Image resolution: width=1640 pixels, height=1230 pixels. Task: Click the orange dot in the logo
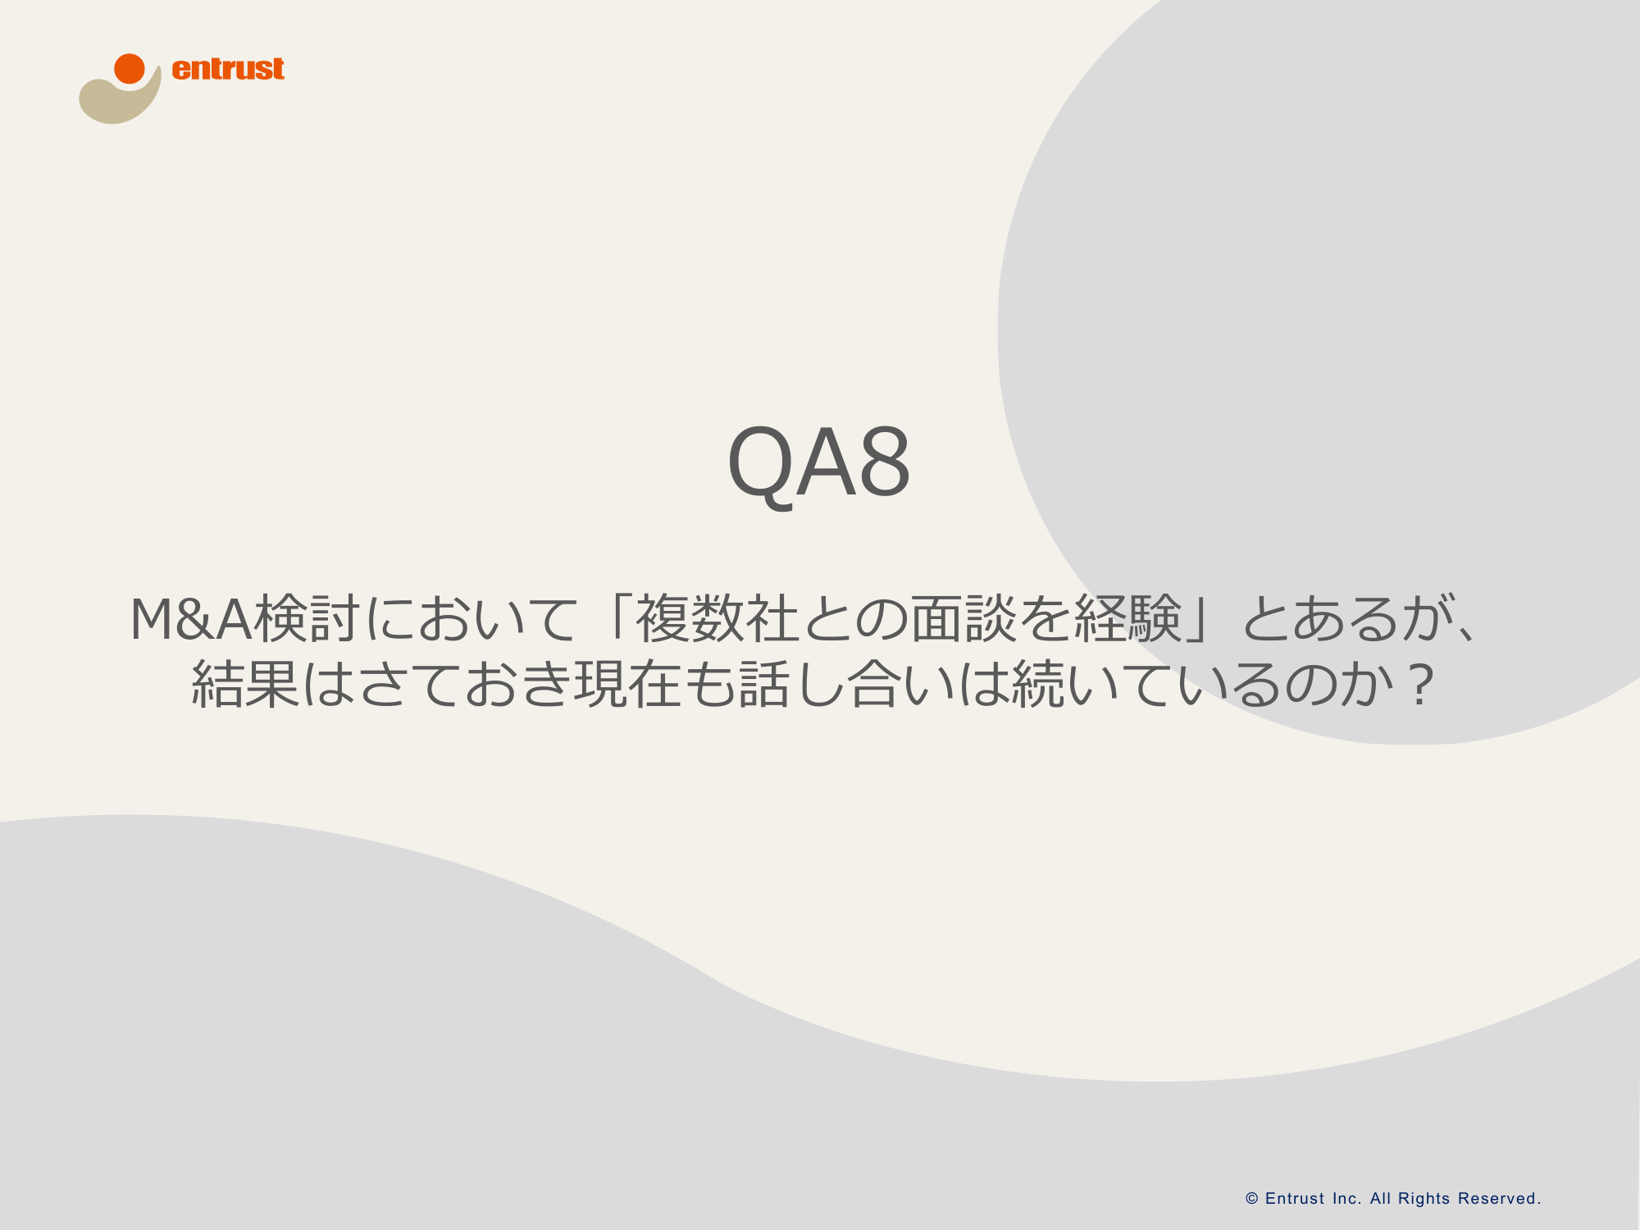click(x=130, y=69)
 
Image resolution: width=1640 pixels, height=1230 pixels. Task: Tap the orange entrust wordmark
click(x=228, y=69)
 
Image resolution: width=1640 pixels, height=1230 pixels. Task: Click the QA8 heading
click(x=819, y=463)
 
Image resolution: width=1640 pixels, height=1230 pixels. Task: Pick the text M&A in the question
click(x=191, y=619)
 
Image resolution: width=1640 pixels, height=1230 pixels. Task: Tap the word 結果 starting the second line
click(x=245, y=684)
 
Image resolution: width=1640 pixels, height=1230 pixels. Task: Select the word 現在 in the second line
click(x=628, y=684)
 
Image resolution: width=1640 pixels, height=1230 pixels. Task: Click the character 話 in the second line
click(x=765, y=684)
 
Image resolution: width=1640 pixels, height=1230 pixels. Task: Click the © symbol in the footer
click(x=1252, y=1199)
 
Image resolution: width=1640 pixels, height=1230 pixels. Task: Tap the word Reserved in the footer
click(x=1499, y=1199)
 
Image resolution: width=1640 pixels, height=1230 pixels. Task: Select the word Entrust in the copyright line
click(x=1295, y=1199)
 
